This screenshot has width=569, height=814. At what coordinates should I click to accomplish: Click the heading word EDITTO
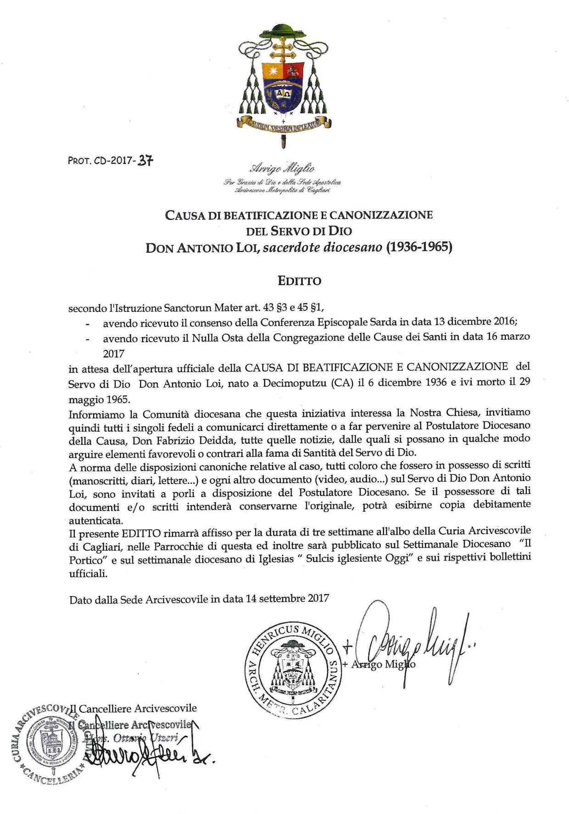tap(299, 281)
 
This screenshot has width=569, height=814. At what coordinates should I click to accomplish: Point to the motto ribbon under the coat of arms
tap(283, 124)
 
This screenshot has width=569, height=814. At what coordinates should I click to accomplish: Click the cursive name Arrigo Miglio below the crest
tap(282, 168)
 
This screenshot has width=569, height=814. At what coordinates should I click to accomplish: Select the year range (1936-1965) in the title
tap(419, 247)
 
